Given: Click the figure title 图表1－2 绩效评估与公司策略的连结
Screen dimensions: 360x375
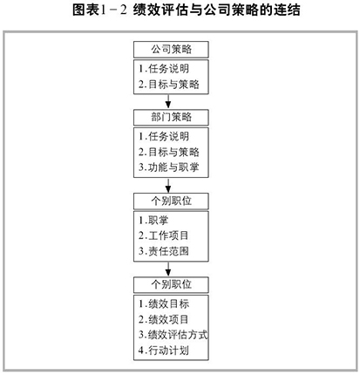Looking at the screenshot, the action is pyautogui.click(x=187, y=10).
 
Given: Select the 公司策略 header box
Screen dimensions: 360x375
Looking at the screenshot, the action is pyautogui.click(x=171, y=50).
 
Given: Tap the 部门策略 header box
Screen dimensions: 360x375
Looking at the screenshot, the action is pyautogui.click(x=171, y=118).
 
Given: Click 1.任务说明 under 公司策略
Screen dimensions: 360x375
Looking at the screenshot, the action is pyautogui.click(x=164, y=69).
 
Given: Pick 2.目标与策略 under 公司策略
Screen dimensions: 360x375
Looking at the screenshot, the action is pyautogui.click(x=169, y=85).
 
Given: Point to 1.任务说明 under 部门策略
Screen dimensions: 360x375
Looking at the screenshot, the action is pyautogui.click(x=164, y=137).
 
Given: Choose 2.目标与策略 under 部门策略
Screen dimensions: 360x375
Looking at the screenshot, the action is pyautogui.click(x=169, y=152).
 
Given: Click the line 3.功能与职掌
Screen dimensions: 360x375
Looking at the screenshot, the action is pyautogui.click(x=169, y=167).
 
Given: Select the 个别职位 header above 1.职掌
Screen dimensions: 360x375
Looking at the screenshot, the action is pyautogui.click(x=171, y=201).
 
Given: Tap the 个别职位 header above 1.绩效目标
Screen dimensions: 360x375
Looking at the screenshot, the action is pyautogui.click(x=171, y=284).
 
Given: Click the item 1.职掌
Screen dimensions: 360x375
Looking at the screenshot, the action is pyautogui.click(x=153, y=221).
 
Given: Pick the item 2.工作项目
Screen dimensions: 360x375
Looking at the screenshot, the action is pyautogui.click(x=164, y=235).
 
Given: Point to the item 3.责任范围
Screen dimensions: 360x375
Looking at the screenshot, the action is pyautogui.click(x=164, y=251).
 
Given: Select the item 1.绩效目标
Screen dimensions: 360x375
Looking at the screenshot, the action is pyautogui.click(x=164, y=304).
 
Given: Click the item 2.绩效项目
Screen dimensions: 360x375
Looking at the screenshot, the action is pyautogui.click(x=164, y=319).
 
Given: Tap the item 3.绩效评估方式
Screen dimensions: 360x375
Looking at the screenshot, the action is pyautogui.click(x=173, y=335).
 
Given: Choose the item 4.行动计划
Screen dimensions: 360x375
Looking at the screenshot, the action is pyautogui.click(x=164, y=351).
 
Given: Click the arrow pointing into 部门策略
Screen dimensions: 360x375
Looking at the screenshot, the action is pyautogui.click(x=168, y=101).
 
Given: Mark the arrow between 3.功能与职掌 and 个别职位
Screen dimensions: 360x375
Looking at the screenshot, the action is pyautogui.click(x=168, y=185).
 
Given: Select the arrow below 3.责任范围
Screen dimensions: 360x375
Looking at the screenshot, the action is pyautogui.click(x=168, y=269).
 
